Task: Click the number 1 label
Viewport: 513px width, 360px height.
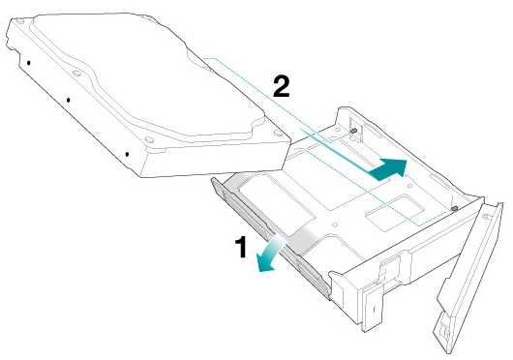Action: (x=241, y=247)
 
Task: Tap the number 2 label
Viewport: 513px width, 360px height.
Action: (x=282, y=86)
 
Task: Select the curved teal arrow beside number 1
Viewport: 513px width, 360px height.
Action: (x=270, y=255)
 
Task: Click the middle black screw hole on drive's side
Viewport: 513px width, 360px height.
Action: (x=68, y=100)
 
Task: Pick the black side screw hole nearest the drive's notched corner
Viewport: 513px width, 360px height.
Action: (x=29, y=63)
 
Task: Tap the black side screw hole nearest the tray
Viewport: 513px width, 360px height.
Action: (x=127, y=154)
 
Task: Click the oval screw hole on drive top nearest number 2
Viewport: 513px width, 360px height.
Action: (x=278, y=133)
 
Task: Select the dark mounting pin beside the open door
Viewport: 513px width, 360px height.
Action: (x=454, y=208)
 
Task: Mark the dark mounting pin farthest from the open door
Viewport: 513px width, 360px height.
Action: (x=353, y=131)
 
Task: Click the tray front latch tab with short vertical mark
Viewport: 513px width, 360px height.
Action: (x=373, y=308)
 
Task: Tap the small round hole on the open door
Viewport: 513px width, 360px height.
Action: (x=486, y=216)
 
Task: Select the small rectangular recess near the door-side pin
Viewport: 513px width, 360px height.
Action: (x=395, y=214)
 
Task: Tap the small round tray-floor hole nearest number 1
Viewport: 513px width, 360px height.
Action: (x=334, y=225)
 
